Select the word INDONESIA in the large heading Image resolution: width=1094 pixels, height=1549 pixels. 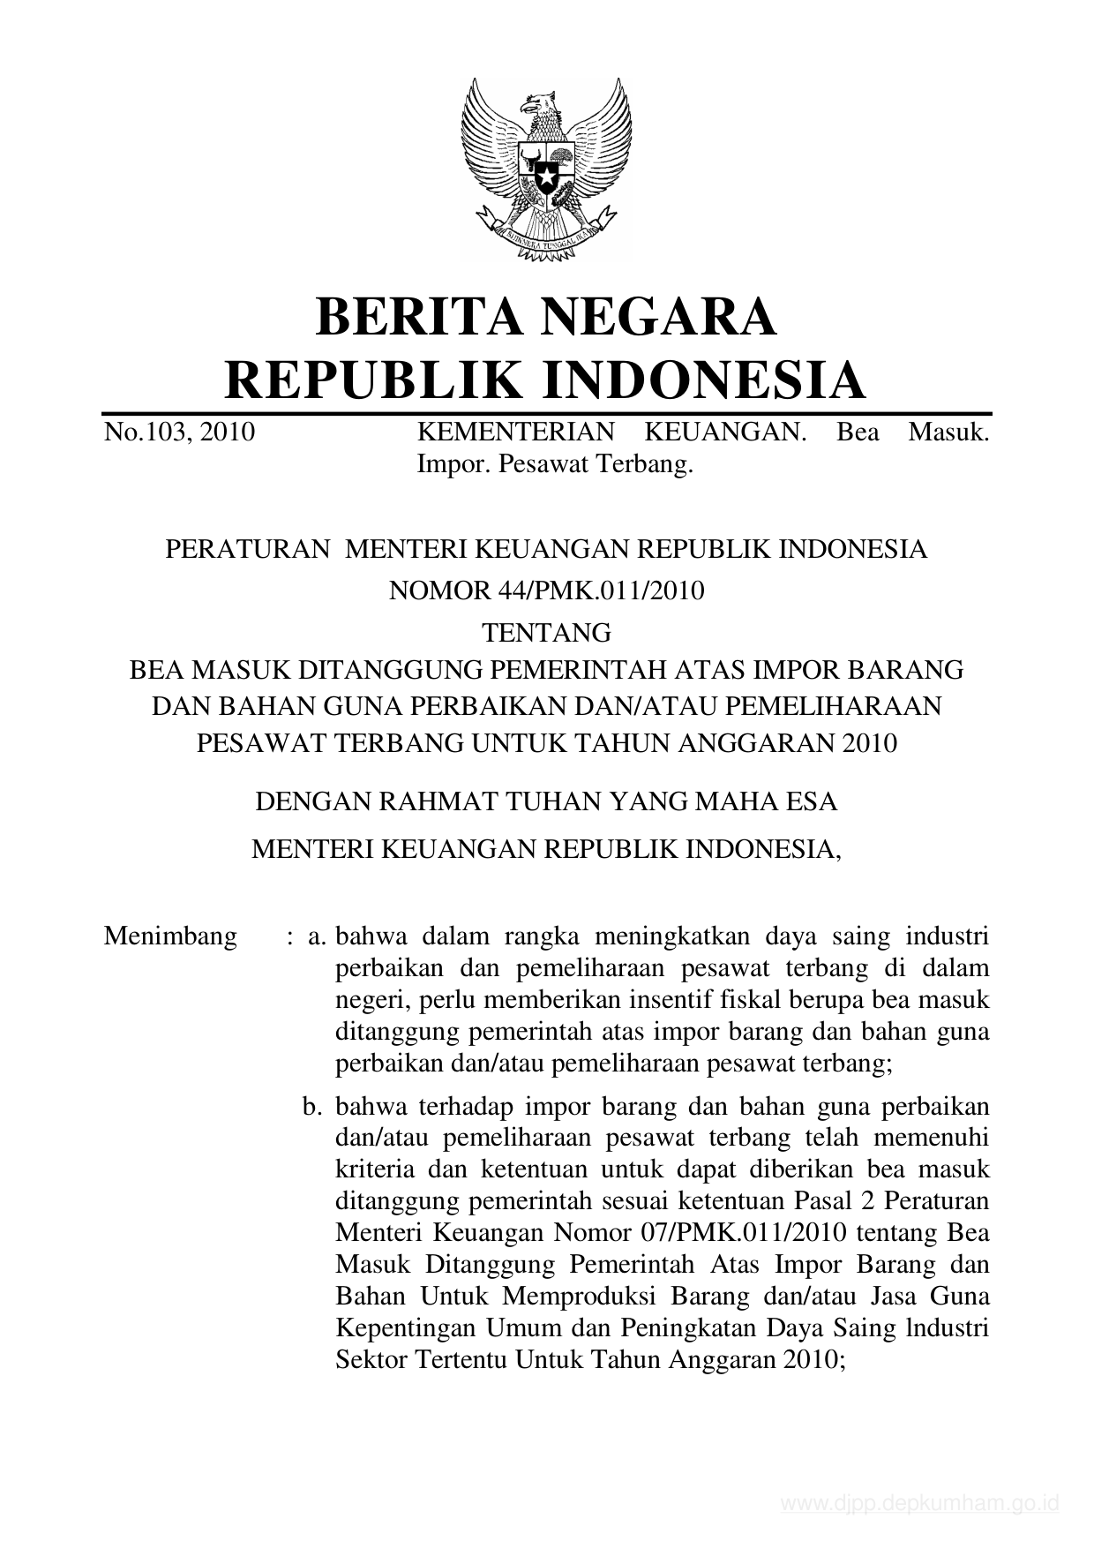[x=702, y=380]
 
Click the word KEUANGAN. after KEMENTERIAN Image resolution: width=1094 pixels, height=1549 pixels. [x=727, y=432]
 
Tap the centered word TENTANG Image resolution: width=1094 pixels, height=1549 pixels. [x=546, y=632]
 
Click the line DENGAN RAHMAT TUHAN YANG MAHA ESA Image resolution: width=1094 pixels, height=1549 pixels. [x=546, y=802]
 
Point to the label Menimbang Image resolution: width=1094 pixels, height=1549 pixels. [x=170, y=936]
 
